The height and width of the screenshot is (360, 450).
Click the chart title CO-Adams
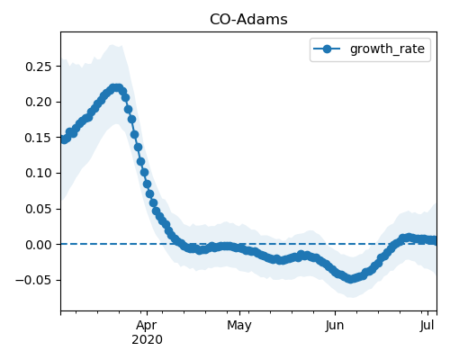tap(248, 20)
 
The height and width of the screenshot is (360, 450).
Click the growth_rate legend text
tap(387, 49)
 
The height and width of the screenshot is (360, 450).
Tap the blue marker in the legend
tap(327, 49)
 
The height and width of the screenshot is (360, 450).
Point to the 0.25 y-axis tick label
tap(39, 67)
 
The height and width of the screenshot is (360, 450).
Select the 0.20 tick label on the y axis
tap(39, 103)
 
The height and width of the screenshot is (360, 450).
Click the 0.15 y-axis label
tap(39, 138)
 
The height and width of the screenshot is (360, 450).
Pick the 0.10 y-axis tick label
tap(39, 174)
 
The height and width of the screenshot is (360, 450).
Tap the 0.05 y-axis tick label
tap(39, 209)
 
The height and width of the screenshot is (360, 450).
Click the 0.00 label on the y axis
tap(39, 245)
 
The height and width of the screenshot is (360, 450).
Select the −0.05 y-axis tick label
tap(34, 281)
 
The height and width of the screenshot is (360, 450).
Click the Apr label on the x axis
tap(147, 326)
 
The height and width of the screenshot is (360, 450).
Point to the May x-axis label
tap(239, 326)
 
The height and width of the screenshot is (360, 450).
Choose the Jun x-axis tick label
tap(335, 326)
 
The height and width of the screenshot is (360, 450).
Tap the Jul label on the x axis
tap(427, 326)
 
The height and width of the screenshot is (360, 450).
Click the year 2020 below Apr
tap(147, 340)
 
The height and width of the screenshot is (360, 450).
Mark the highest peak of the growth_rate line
tap(116, 88)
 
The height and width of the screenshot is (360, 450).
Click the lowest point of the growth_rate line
tap(350, 279)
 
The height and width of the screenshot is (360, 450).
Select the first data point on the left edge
tap(64, 139)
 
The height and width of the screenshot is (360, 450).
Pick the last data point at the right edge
tap(434, 240)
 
